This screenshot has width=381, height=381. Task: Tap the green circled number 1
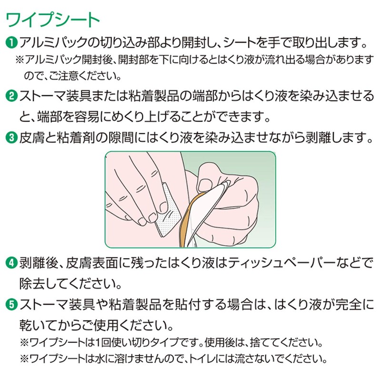click(11, 43)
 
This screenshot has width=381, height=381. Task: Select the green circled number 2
click(11, 96)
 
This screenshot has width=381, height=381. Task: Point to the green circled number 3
click(11, 138)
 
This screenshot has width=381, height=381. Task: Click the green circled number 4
click(11, 263)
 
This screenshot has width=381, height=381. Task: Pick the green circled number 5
click(11, 305)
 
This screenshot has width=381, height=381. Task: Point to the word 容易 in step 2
click(87, 117)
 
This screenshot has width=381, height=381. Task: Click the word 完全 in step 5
click(349, 305)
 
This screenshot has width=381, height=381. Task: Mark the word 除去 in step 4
click(32, 283)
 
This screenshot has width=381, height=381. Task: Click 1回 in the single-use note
click(103, 342)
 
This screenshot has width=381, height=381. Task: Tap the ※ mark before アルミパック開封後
click(20, 60)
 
